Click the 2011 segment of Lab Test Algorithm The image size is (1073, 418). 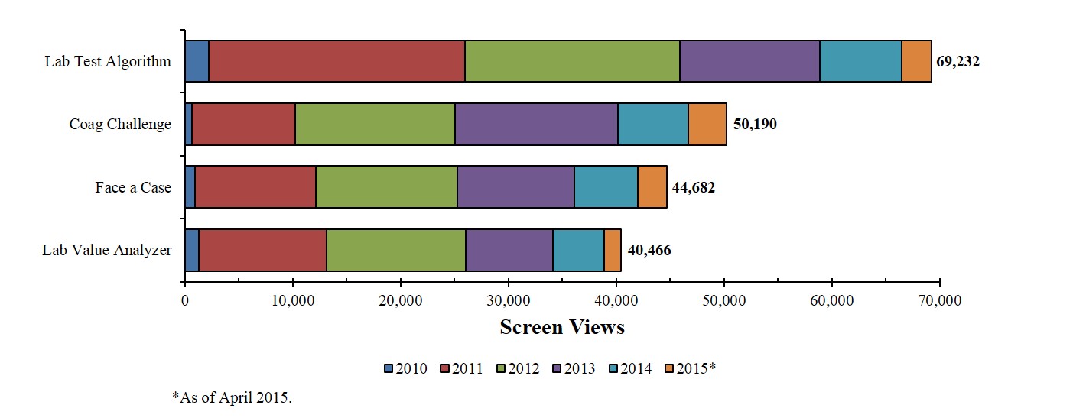tap(337, 61)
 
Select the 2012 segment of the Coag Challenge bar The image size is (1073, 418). tap(375, 124)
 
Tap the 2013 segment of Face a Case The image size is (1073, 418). tap(515, 186)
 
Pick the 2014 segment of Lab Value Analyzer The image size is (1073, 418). tap(578, 250)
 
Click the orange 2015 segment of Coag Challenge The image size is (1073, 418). tap(707, 124)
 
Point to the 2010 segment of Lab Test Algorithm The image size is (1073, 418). tap(197, 61)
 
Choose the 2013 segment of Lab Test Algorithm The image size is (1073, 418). tap(749, 61)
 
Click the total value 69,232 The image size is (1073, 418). tap(958, 62)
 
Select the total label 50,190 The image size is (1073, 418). tap(755, 124)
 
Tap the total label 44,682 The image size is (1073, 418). tap(694, 187)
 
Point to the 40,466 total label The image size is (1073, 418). tap(649, 250)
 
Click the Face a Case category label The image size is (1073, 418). tap(133, 187)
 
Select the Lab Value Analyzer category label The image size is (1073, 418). tap(107, 250)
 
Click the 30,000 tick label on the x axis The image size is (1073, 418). tap(508, 300)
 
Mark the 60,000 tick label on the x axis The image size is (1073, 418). tap(831, 300)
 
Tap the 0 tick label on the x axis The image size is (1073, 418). tap(185, 300)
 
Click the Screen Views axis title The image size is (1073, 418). tap(562, 327)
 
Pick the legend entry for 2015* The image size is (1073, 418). tap(690, 369)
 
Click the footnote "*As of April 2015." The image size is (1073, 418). tap(232, 397)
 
